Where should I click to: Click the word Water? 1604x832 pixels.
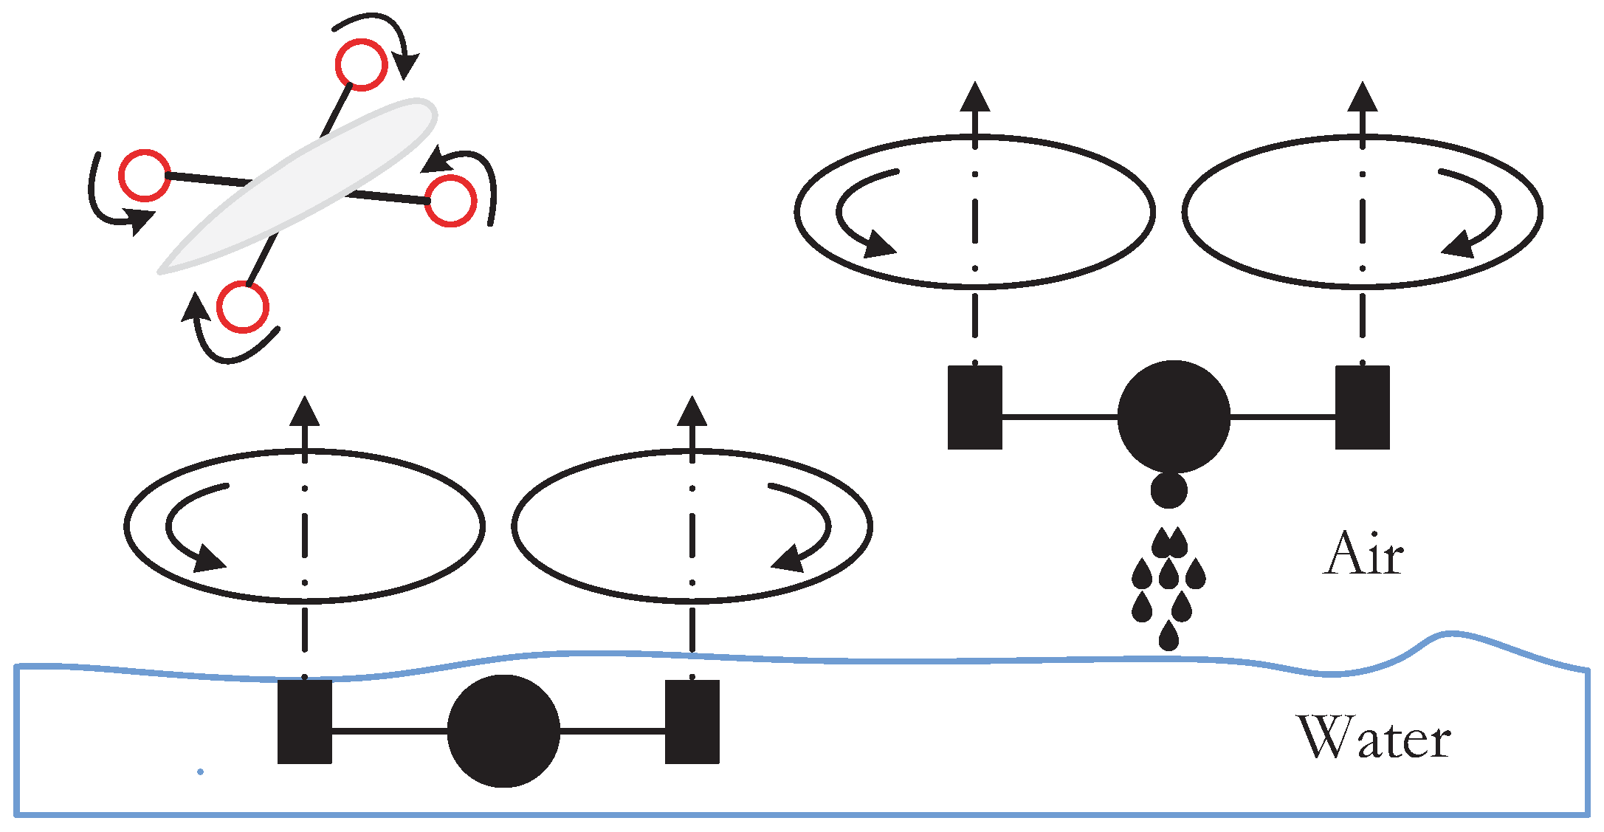pyautogui.click(x=1374, y=738)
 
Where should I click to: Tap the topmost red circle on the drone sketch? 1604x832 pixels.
pyautogui.click(x=361, y=65)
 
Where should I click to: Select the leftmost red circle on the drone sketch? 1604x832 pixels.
pyautogui.click(x=145, y=176)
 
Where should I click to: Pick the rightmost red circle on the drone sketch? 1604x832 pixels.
pyautogui.click(x=450, y=201)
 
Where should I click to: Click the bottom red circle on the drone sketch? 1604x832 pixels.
pyautogui.click(x=243, y=307)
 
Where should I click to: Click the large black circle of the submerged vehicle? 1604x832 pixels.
pyautogui.click(x=503, y=731)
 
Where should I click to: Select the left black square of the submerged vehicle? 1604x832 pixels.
pyautogui.click(x=305, y=722)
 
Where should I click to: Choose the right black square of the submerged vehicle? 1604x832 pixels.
pyautogui.click(x=692, y=722)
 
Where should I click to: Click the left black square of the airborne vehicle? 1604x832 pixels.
pyautogui.click(x=975, y=408)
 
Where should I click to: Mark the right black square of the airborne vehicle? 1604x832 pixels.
pyautogui.click(x=1363, y=408)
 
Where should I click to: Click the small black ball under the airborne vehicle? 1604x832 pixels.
pyautogui.click(x=1169, y=490)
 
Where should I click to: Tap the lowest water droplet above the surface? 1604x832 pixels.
pyautogui.click(x=1168, y=636)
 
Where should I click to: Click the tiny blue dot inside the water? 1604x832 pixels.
pyautogui.click(x=200, y=772)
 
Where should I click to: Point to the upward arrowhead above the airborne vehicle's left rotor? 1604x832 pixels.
pyautogui.click(x=975, y=97)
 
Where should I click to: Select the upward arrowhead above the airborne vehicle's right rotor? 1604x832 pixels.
pyautogui.click(x=1363, y=97)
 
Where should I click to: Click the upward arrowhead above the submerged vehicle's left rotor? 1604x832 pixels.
pyautogui.click(x=305, y=411)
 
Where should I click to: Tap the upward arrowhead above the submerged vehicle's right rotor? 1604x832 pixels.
pyautogui.click(x=692, y=411)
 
